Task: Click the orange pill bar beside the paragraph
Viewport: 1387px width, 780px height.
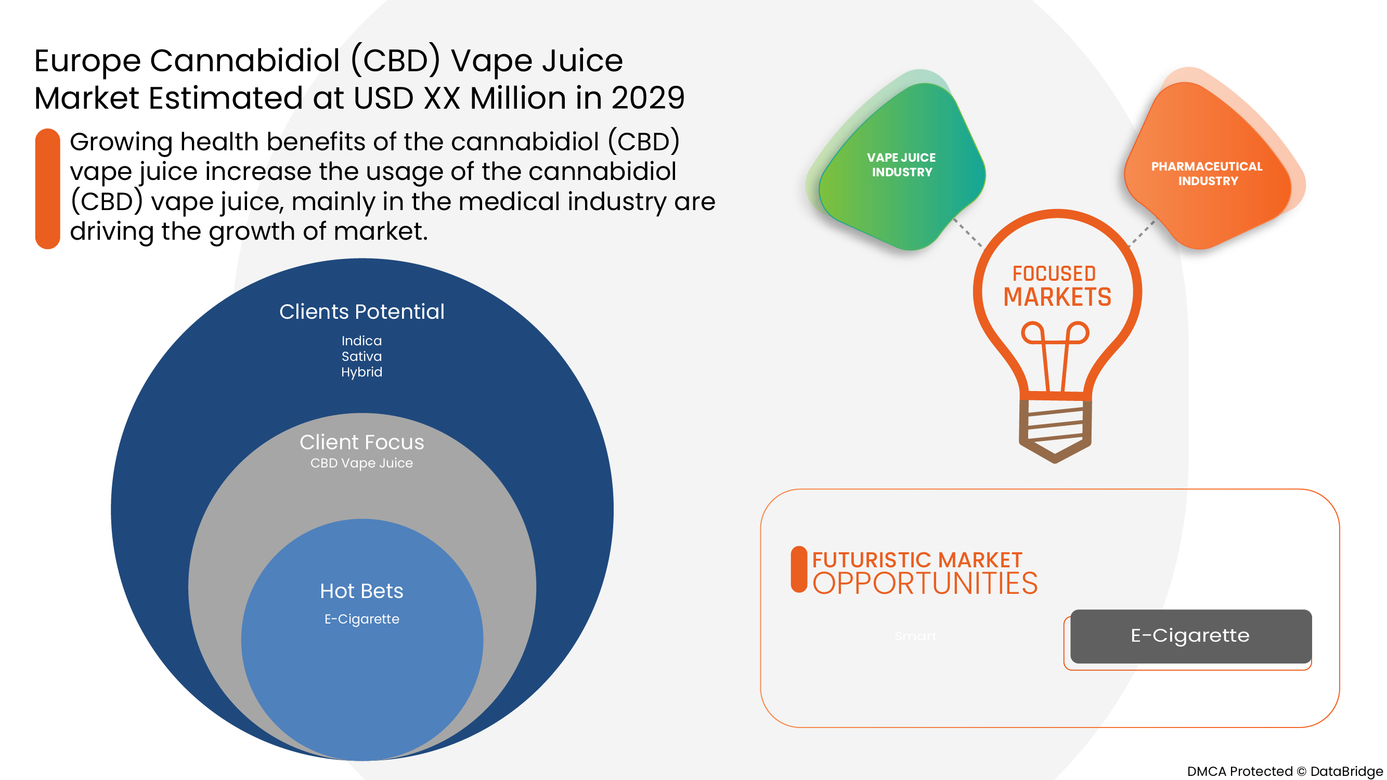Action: pyautogui.click(x=47, y=188)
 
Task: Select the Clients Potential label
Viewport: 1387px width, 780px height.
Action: pyautogui.click(x=362, y=311)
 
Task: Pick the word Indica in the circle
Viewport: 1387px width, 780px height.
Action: pyautogui.click(x=361, y=341)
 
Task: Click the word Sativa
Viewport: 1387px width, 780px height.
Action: pyautogui.click(x=361, y=356)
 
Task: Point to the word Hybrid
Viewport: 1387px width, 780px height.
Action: pyautogui.click(x=361, y=372)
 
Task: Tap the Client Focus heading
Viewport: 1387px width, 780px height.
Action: pyautogui.click(x=362, y=442)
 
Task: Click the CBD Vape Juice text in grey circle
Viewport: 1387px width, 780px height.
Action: pyautogui.click(x=361, y=463)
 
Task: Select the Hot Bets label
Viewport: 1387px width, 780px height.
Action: pyautogui.click(x=361, y=591)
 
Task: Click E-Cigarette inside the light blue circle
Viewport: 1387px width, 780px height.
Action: pyautogui.click(x=361, y=619)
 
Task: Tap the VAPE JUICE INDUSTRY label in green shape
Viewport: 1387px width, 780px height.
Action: pyautogui.click(x=901, y=165)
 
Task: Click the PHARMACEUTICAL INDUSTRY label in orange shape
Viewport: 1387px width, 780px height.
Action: pyautogui.click(x=1207, y=173)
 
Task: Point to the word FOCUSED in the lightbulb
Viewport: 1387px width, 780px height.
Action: pyautogui.click(x=1054, y=274)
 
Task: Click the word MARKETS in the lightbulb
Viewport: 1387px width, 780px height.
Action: pyautogui.click(x=1057, y=297)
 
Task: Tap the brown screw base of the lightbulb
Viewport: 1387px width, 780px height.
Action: pyautogui.click(x=1055, y=428)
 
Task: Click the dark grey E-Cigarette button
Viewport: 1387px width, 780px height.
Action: pyautogui.click(x=1190, y=636)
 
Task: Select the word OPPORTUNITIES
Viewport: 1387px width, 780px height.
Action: pyautogui.click(x=925, y=583)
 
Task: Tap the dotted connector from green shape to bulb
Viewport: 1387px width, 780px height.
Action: pyautogui.click(x=968, y=233)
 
